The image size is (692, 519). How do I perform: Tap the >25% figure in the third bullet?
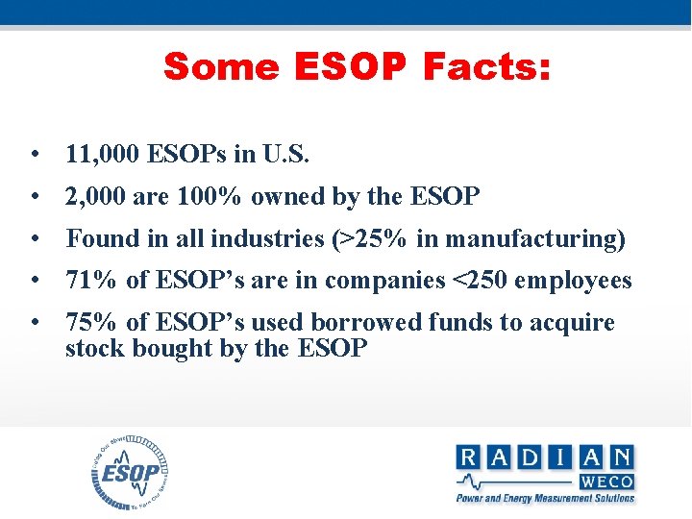[370, 238]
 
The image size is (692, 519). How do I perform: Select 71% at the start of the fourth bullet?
[91, 281]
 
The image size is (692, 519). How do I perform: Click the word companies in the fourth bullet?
[384, 281]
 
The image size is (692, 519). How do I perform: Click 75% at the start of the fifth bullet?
[91, 323]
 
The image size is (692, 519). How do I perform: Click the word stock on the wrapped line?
[92, 348]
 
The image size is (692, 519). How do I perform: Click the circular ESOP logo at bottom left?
[130, 474]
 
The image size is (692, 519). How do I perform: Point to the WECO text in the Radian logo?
[605, 480]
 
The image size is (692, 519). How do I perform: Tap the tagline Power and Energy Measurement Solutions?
[545, 498]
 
